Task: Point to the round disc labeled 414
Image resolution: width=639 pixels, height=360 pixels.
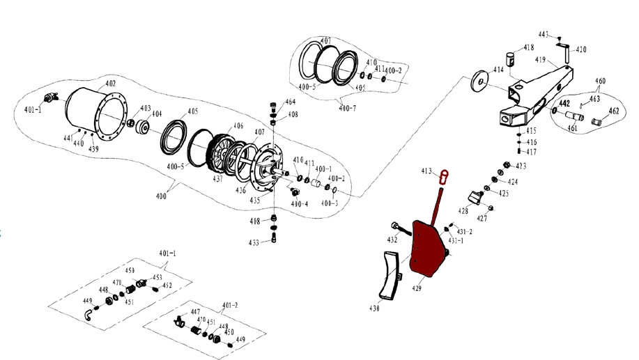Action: tap(478, 80)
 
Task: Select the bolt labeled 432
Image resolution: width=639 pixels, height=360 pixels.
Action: tap(397, 227)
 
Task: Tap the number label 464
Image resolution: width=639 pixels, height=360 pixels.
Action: tap(290, 103)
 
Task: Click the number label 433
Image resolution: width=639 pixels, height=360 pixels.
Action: tap(255, 242)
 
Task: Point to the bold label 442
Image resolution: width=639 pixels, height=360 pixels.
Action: tap(564, 104)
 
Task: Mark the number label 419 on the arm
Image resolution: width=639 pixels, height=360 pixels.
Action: tap(541, 61)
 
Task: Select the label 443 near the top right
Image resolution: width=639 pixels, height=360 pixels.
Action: tap(544, 33)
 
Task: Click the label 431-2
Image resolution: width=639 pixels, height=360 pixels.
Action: tap(465, 231)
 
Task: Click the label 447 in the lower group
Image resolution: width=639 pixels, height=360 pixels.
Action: tap(195, 313)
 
